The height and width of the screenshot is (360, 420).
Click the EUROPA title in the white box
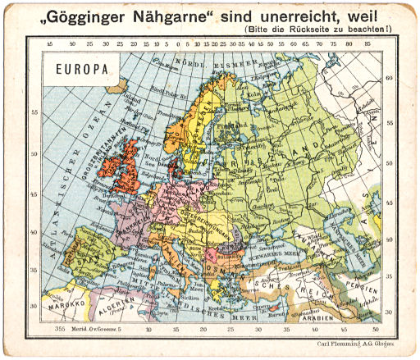click(81, 69)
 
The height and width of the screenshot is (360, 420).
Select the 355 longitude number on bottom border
click(59, 327)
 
